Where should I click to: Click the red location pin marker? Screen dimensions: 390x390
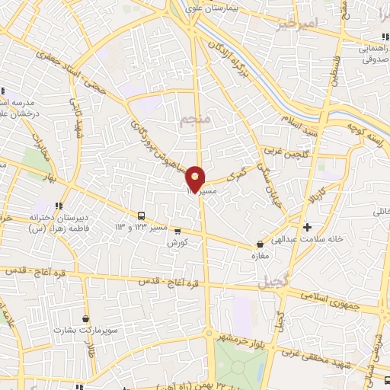tap(196, 179)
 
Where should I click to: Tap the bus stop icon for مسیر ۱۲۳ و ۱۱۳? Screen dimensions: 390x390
tap(142, 216)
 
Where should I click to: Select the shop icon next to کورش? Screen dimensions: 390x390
tap(177, 231)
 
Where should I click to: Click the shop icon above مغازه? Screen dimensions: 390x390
tap(261, 245)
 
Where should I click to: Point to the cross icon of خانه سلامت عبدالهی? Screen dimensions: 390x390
tap(307, 227)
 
